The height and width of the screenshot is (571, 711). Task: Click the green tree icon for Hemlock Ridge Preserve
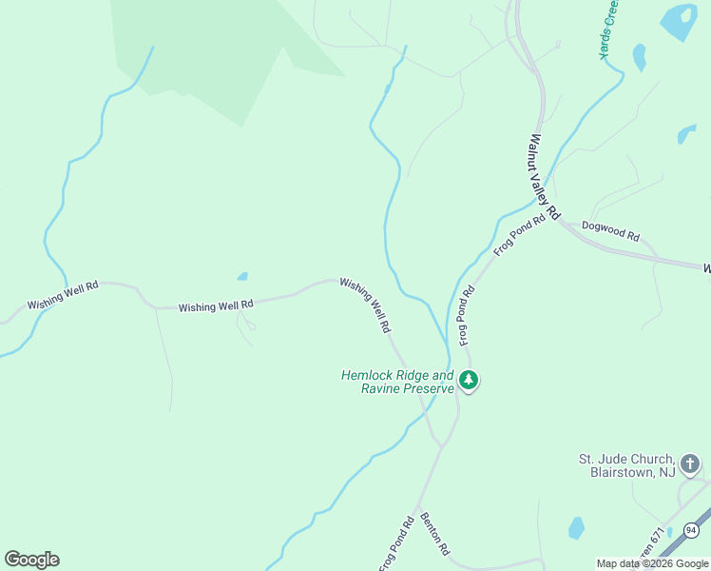coord(468,381)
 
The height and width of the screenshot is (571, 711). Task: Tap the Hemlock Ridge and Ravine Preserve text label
coord(398,382)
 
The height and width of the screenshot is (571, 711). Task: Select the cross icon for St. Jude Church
coord(690,464)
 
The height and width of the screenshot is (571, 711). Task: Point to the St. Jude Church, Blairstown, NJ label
coord(626,464)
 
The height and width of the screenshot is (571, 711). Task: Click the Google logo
coord(32,560)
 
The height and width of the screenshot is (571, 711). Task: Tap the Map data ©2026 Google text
coord(653,563)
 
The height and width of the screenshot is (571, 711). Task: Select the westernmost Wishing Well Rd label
coord(63,294)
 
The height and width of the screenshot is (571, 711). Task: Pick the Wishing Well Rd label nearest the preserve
coord(365,305)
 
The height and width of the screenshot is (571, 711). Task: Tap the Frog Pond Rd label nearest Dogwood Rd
coord(519,235)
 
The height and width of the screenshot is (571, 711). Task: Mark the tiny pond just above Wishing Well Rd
coord(242,277)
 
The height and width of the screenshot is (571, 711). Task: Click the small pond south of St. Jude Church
coord(576,528)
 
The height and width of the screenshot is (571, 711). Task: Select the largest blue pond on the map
coord(679,22)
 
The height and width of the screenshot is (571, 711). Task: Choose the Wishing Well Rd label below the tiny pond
coord(216,305)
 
